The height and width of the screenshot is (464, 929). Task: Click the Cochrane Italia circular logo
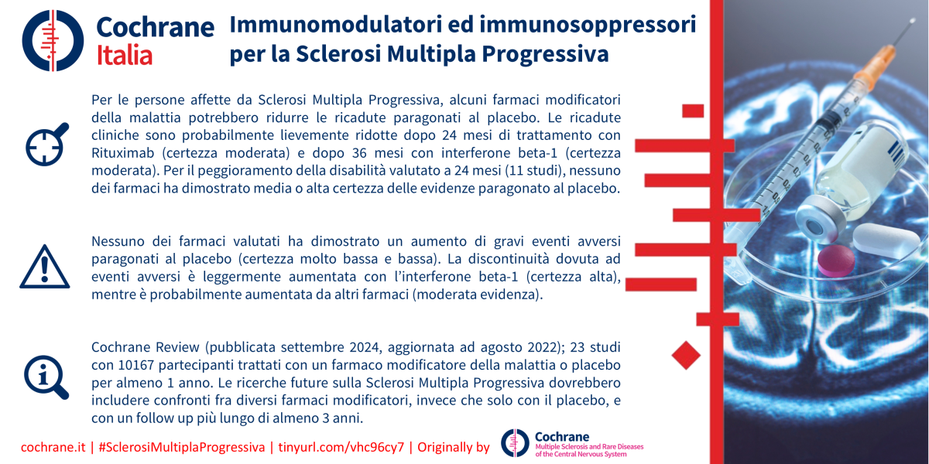pyautogui.click(x=53, y=40)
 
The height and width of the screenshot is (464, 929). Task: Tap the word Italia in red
pyautogui.click(x=125, y=56)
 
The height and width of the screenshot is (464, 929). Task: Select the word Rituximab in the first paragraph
pyautogui.click(x=123, y=153)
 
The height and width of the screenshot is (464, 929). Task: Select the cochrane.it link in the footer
pyautogui.click(x=53, y=448)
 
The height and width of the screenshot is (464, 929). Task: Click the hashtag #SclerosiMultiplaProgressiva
pyautogui.click(x=182, y=448)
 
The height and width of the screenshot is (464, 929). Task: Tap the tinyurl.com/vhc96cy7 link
pyautogui.click(x=341, y=448)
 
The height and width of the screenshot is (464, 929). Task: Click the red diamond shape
pyautogui.click(x=686, y=355)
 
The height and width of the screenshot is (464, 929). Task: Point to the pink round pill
pyautogui.click(x=836, y=261)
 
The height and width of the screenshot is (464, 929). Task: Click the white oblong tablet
pyautogui.click(x=886, y=241)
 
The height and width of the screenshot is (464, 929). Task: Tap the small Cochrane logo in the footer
pyautogui.click(x=515, y=443)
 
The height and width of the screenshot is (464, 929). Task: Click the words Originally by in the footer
pyautogui.click(x=454, y=448)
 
